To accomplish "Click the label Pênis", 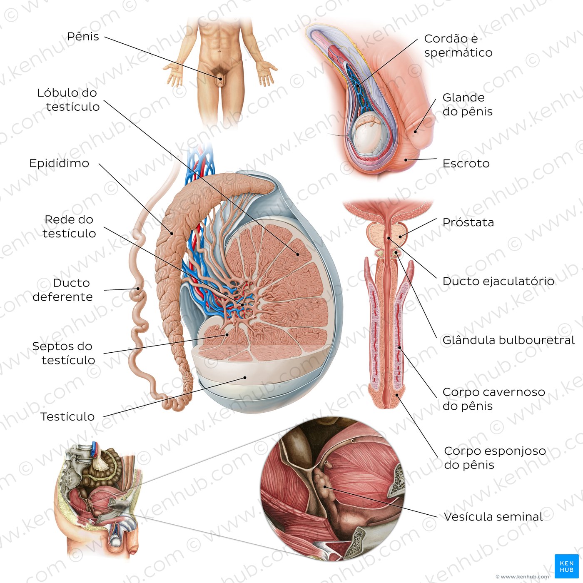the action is click(x=83, y=37).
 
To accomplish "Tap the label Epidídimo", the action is click(x=59, y=163).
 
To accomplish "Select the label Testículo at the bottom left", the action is click(x=67, y=416).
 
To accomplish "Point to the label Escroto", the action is click(x=466, y=163).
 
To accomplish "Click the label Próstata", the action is click(x=468, y=222).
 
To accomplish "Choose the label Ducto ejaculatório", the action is click(x=498, y=282).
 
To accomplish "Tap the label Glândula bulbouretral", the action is click(x=508, y=340).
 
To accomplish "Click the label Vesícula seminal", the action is click(x=493, y=517).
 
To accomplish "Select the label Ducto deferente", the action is click(x=62, y=290).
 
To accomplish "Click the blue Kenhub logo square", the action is click(x=566, y=566).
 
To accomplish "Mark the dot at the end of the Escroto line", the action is click(x=406, y=159).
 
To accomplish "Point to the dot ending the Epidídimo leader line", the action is click(x=172, y=233).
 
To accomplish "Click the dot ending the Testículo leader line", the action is click(x=245, y=378).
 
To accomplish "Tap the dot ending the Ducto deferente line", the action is click(x=138, y=289).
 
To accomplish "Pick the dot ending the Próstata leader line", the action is click(x=400, y=237).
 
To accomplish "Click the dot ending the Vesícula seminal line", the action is click(x=325, y=487).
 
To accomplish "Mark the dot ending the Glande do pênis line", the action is click(x=416, y=132).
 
